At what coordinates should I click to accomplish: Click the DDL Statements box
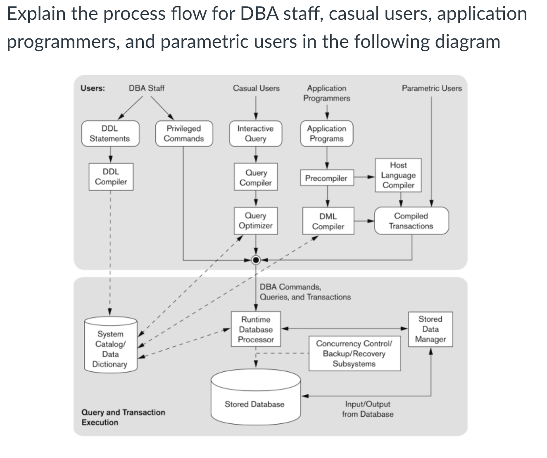click(x=110, y=134)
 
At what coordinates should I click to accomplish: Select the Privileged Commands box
click(x=184, y=134)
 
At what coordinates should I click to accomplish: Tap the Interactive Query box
click(x=255, y=134)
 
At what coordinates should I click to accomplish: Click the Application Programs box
click(x=327, y=134)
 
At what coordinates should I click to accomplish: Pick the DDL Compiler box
click(x=111, y=177)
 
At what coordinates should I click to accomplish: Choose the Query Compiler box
click(x=256, y=177)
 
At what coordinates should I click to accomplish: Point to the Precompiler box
click(x=326, y=178)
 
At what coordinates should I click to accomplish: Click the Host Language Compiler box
click(x=398, y=175)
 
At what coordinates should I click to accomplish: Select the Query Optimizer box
click(x=256, y=221)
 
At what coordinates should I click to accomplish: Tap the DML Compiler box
click(x=328, y=221)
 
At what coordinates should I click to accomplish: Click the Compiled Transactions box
click(x=411, y=221)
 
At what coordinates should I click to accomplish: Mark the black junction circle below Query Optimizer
click(x=256, y=260)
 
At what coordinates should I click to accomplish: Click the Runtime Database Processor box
click(x=256, y=330)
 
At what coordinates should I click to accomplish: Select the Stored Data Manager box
click(x=430, y=329)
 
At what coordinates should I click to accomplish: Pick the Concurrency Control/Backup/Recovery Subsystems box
click(x=354, y=354)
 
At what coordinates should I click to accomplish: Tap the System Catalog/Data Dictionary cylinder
click(x=110, y=348)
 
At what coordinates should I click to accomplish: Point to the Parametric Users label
click(x=432, y=88)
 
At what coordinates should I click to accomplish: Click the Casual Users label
click(x=256, y=88)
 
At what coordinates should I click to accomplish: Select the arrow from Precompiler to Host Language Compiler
click(x=364, y=177)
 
